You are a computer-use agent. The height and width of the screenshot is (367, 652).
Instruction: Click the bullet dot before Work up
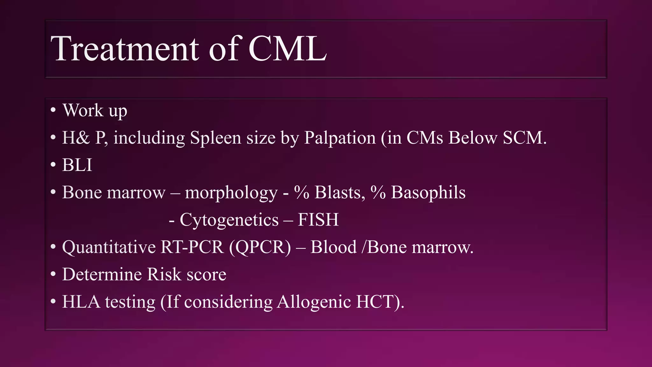click(53, 110)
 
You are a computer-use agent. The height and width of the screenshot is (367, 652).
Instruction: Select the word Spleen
click(215, 138)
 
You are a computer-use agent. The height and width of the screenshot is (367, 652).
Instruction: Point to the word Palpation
click(340, 138)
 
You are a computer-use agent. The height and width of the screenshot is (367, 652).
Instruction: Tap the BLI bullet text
click(77, 165)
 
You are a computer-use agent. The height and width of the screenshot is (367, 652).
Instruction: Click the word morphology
click(231, 193)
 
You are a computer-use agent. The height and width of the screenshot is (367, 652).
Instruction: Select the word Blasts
click(339, 192)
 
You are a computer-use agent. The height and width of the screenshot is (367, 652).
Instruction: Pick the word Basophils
click(428, 192)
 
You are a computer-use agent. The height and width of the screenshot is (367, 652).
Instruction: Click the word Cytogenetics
click(229, 220)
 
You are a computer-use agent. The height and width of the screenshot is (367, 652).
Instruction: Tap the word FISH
click(318, 220)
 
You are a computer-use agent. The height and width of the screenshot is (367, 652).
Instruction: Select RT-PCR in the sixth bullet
click(192, 247)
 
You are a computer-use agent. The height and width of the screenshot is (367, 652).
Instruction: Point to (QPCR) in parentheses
click(260, 247)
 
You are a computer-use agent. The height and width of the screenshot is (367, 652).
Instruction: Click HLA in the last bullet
click(81, 302)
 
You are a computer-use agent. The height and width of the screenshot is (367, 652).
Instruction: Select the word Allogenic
click(314, 302)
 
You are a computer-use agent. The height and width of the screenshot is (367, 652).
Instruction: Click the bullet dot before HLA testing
click(53, 301)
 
